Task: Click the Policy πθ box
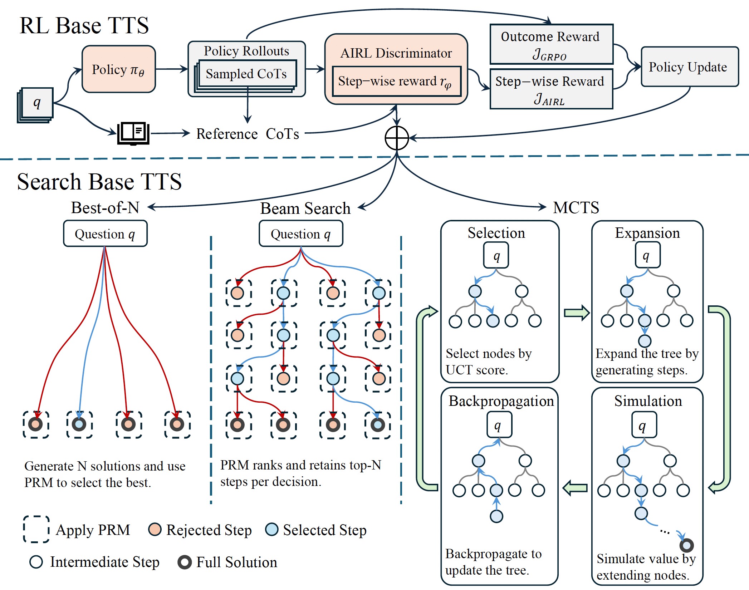pyautogui.click(x=118, y=69)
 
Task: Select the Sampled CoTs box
pyautogui.click(x=246, y=74)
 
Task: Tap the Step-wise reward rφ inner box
pyautogui.click(x=396, y=81)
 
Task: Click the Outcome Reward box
pyautogui.click(x=551, y=44)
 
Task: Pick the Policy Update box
pyautogui.click(x=689, y=67)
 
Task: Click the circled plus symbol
pyautogui.click(x=397, y=138)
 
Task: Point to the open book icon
pyautogui.click(x=133, y=133)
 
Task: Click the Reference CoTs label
pyautogui.click(x=248, y=134)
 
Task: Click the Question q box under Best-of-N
pyautogui.click(x=105, y=234)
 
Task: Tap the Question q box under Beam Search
pyautogui.click(x=301, y=234)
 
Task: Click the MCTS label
pyautogui.click(x=576, y=207)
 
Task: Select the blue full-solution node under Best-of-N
pyautogui.click(x=79, y=424)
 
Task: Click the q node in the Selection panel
pyautogui.click(x=496, y=256)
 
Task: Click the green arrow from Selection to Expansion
pyautogui.click(x=576, y=313)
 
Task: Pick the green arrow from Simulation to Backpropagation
pyautogui.click(x=575, y=488)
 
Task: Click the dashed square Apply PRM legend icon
pyautogui.click(x=36, y=529)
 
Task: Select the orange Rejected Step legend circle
pyautogui.click(x=155, y=529)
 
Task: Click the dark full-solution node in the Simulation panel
pyautogui.click(x=686, y=545)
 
